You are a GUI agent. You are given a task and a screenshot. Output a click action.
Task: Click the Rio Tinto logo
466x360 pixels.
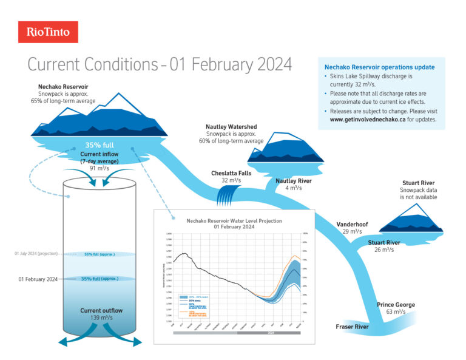48,32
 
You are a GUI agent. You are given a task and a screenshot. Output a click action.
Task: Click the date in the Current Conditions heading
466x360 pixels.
234,64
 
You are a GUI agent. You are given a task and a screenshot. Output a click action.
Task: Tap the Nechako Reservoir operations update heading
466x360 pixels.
379,67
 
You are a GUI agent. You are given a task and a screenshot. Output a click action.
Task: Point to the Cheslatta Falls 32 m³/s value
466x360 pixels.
232,181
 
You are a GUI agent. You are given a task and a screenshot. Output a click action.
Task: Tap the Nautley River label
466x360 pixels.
294,180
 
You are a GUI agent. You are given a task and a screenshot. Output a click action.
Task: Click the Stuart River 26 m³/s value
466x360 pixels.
383,250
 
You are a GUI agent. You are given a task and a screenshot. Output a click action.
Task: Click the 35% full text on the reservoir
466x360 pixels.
100,146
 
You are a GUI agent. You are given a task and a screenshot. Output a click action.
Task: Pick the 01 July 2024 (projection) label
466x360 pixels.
36,254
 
